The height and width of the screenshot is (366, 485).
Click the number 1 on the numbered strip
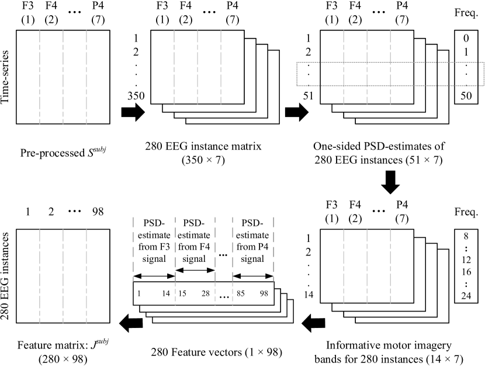pos(139,294)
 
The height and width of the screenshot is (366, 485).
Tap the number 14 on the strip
pos(166,294)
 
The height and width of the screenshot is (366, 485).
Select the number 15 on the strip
pos(182,294)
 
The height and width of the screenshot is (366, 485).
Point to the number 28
pos(205,294)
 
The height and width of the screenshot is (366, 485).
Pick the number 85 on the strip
pos(240,294)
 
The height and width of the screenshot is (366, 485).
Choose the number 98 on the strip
pos(264,294)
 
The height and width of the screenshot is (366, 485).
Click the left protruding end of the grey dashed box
pos(308,74)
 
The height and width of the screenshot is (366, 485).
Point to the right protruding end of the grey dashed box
pos(467,74)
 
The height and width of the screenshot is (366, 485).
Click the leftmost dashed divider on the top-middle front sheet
pos(174,67)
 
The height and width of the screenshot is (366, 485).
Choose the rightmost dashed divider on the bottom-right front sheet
pos(390,266)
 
